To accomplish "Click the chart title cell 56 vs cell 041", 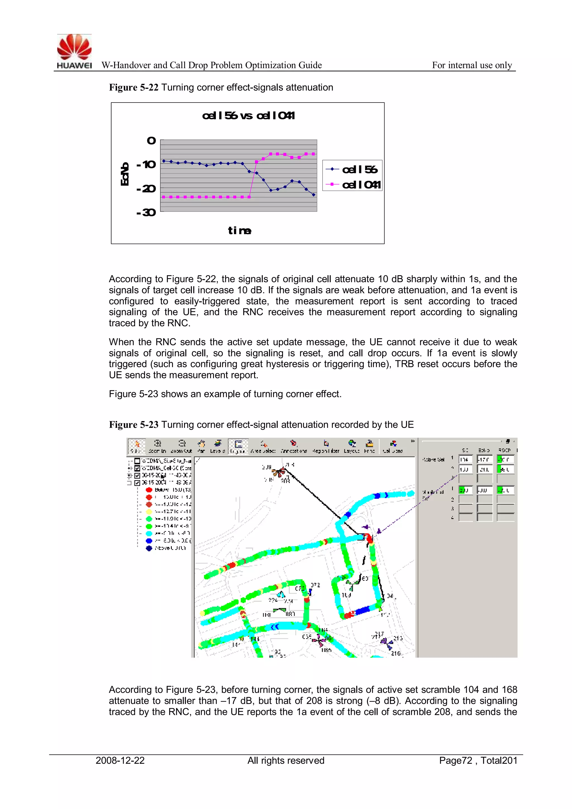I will [248, 116].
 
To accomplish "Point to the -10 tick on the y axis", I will [146, 165].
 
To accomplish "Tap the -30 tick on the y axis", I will [146, 212].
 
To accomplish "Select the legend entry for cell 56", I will [352, 169].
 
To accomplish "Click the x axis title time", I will [240, 231].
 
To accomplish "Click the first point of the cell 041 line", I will [163, 197].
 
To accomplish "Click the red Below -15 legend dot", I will [149, 490].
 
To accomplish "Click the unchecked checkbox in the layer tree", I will [137, 461].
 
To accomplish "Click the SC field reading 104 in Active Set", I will [465, 459].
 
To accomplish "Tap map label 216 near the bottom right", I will [396, 654].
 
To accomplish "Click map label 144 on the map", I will [255, 639].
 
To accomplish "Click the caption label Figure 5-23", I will [134, 424].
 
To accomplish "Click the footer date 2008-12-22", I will [120, 760].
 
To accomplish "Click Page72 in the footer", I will [456, 760].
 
